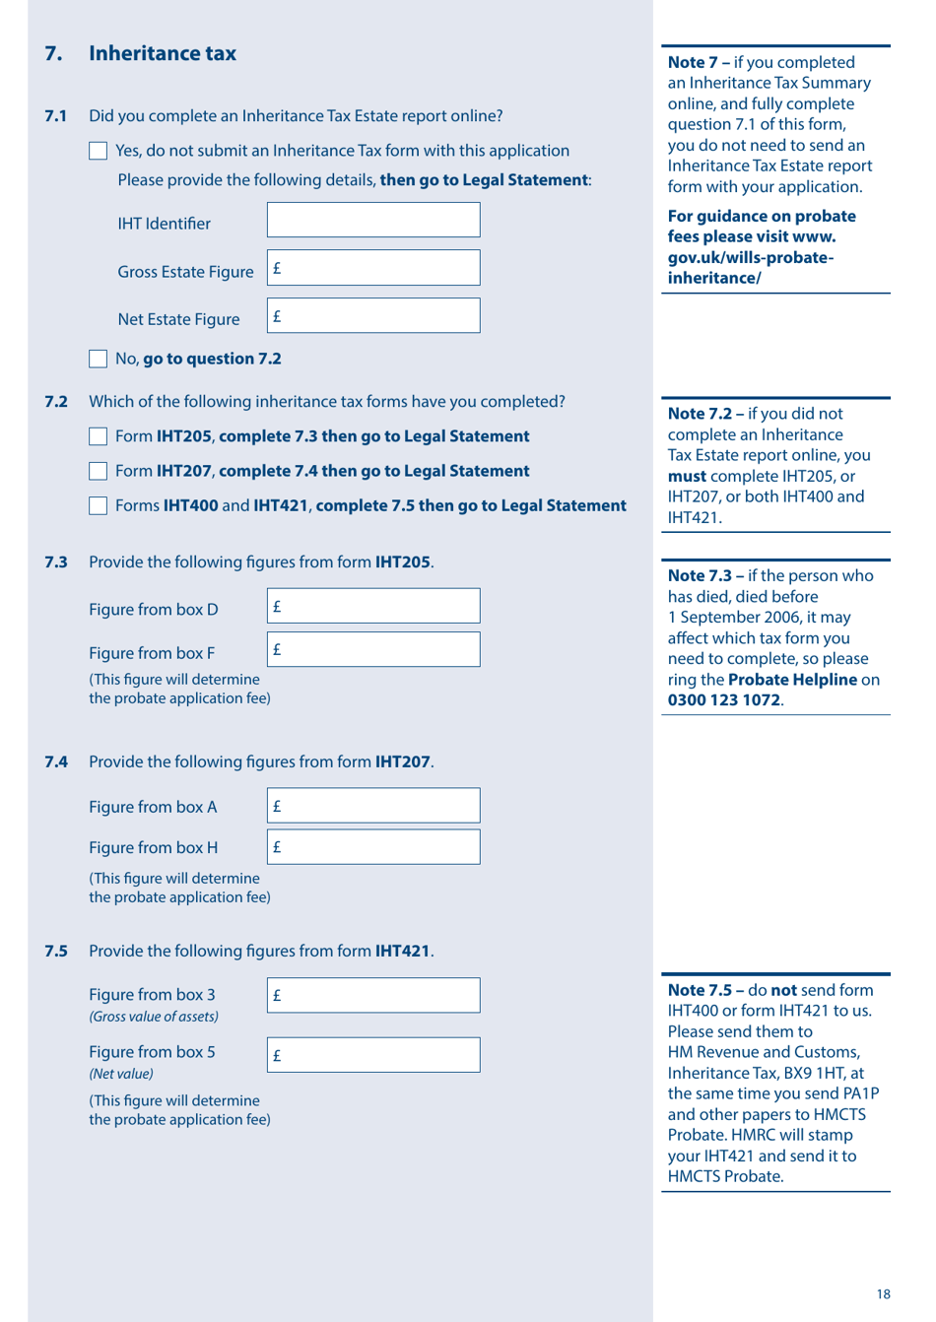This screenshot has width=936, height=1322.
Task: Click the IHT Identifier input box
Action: pyautogui.click(x=373, y=220)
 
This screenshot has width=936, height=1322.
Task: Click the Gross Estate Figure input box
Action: pyautogui.click(x=373, y=268)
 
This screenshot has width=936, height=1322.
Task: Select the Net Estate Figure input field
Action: pyautogui.click(x=373, y=315)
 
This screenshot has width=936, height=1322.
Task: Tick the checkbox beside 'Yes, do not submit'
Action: pyautogui.click(x=98, y=151)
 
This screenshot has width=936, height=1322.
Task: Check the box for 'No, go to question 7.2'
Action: pyautogui.click(x=98, y=359)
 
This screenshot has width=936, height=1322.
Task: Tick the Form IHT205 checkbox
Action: pyautogui.click(x=98, y=436)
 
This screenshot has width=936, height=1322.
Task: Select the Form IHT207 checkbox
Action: pyautogui.click(x=98, y=471)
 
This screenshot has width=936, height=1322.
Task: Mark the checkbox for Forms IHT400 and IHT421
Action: pyautogui.click(x=98, y=505)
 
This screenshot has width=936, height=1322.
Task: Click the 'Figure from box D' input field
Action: pyautogui.click(x=373, y=606)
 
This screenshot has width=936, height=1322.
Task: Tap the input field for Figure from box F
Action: pyautogui.click(x=373, y=649)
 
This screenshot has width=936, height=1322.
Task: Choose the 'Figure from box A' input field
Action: pyautogui.click(x=373, y=805)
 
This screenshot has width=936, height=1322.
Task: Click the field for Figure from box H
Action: pyautogui.click(x=373, y=846)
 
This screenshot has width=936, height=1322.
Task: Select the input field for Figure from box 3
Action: pyautogui.click(x=373, y=995)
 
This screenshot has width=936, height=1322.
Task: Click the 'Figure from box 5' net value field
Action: pyautogui.click(x=373, y=1054)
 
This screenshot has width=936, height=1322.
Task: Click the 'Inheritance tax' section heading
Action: pyautogui.click(x=163, y=53)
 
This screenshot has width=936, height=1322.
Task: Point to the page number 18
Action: pyautogui.click(x=883, y=1294)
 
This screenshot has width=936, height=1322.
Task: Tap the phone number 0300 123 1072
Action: pyautogui.click(x=724, y=700)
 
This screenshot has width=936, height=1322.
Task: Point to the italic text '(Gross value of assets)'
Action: pyautogui.click(x=154, y=1017)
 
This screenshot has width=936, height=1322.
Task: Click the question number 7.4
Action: pyautogui.click(x=56, y=761)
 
